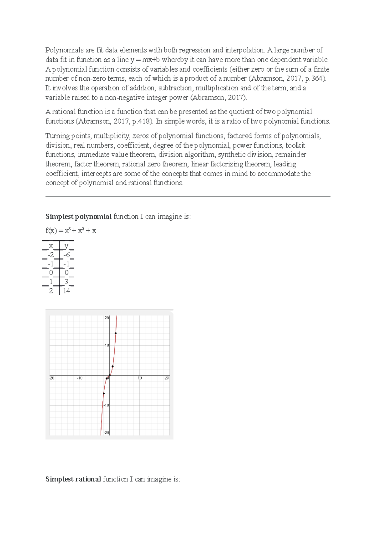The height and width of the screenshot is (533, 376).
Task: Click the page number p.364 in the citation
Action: pos(314,78)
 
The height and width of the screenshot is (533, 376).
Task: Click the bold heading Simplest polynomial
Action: pos(78,217)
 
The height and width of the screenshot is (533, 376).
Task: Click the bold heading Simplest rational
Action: pos(73,479)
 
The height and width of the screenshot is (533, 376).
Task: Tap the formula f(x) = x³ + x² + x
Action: pos(71,231)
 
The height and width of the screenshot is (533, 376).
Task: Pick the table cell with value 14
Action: pos(66,291)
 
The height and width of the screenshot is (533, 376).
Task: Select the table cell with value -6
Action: pos(66,255)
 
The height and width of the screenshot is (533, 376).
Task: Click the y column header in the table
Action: pos(66,246)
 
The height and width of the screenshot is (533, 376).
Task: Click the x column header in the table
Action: pos(51,246)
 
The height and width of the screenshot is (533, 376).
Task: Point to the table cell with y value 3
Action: pos(66,282)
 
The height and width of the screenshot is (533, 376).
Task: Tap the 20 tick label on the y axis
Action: pos(107,318)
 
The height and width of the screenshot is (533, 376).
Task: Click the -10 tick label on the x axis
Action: pos(80,378)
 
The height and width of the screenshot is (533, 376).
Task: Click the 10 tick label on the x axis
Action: pos(140,378)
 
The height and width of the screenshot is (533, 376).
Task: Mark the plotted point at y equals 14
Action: pos(116,333)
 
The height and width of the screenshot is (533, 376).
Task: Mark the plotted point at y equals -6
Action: pos(104,393)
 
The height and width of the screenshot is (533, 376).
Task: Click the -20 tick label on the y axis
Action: pos(106,433)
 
